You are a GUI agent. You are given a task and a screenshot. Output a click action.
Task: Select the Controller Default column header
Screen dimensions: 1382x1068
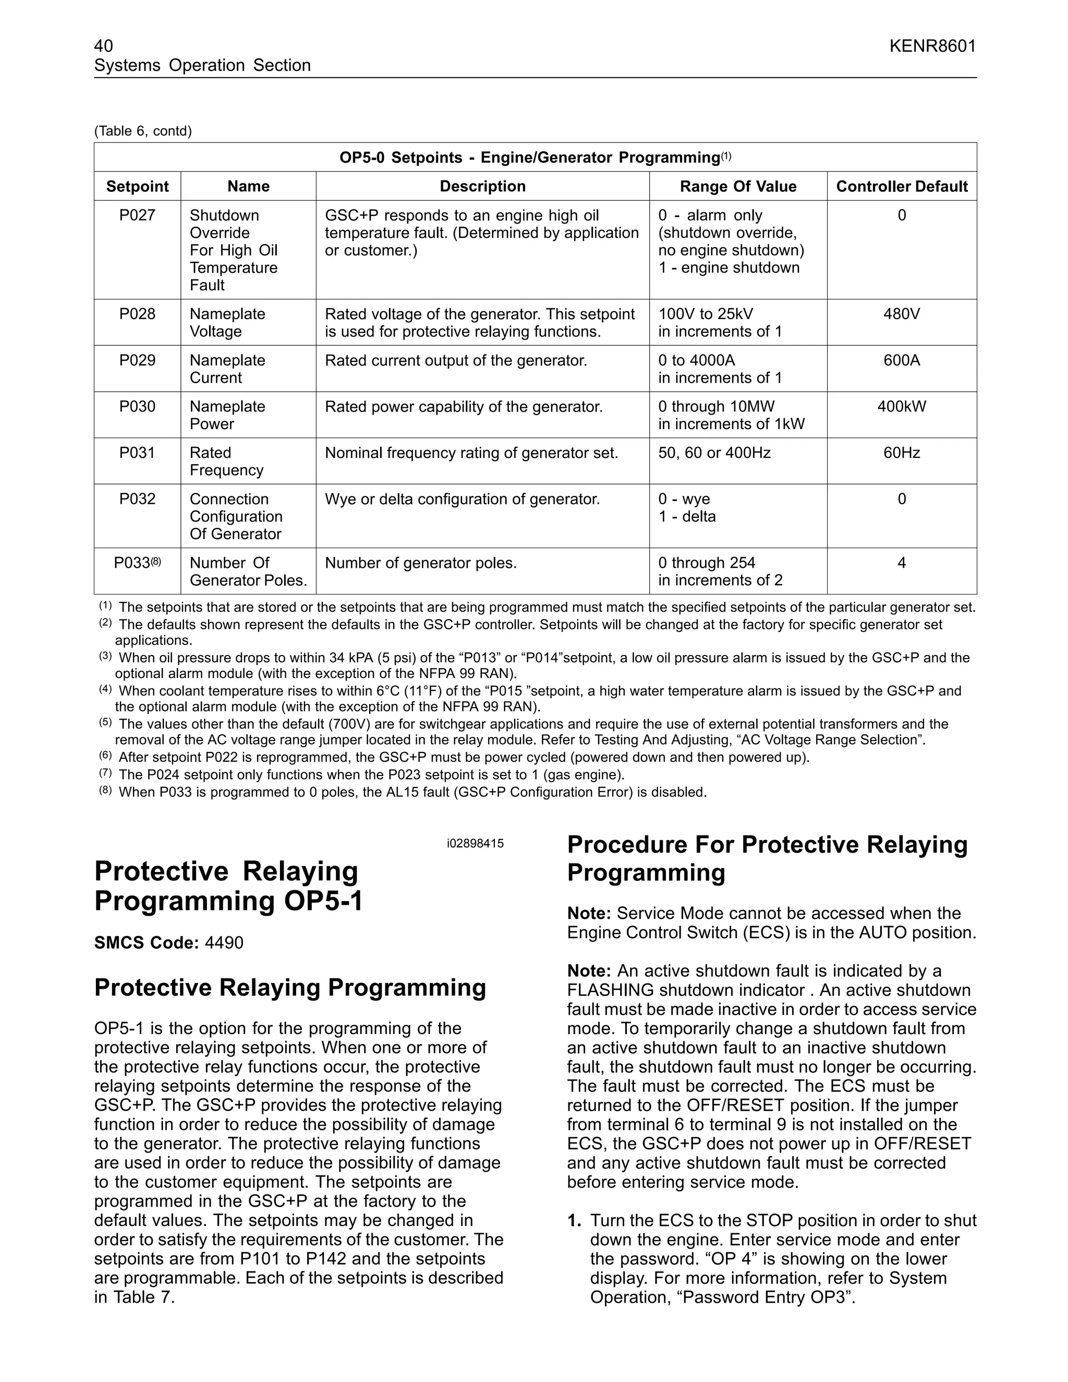coord(901,187)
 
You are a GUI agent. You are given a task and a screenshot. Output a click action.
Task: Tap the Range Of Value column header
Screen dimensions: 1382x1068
coord(738,187)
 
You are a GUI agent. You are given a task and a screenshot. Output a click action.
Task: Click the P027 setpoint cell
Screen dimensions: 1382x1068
coord(137,216)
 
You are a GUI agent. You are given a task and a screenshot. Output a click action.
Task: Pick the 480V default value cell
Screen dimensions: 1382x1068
coord(901,314)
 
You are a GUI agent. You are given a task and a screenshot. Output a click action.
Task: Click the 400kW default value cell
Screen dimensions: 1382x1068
coord(901,407)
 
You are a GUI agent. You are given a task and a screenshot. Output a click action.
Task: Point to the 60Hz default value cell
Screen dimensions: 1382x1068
coord(901,453)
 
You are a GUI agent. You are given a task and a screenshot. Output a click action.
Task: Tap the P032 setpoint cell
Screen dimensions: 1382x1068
coord(137,499)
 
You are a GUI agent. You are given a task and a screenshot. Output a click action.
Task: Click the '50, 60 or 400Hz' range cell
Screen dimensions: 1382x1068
coord(714,453)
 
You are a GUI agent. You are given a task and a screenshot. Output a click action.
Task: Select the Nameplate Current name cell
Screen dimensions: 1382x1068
coord(227,369)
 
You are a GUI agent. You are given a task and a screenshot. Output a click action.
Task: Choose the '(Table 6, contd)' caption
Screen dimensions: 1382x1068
coord(143,131)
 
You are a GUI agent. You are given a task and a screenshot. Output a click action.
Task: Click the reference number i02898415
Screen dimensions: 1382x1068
coord(475,843)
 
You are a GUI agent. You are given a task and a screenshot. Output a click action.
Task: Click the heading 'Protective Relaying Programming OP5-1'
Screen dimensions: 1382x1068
coord(228,886)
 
